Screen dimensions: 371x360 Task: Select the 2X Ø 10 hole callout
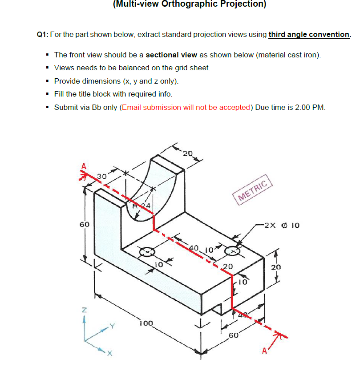coord(281,225)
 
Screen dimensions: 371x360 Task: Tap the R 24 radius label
coord(142,206)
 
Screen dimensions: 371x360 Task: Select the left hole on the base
coord(146,252)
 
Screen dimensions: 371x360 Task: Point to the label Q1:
coord(43,35)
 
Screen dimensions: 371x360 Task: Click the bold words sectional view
coord(171,55)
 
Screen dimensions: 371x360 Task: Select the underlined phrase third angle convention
coord(309,35)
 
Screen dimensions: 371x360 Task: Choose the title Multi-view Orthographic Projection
coord(189,4)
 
